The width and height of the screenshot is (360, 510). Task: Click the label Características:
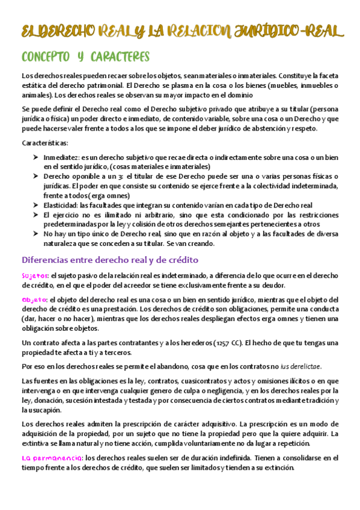[45, 143]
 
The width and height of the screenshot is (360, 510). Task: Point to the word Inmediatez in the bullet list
[61, 157]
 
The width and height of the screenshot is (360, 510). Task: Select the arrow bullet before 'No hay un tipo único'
[35, 233]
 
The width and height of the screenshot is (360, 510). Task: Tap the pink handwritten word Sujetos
[35, 275]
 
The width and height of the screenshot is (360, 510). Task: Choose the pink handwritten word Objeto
[34, 300]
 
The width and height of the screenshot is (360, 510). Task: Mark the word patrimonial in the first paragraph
[95, 85]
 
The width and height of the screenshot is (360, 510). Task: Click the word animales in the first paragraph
[36, 94]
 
